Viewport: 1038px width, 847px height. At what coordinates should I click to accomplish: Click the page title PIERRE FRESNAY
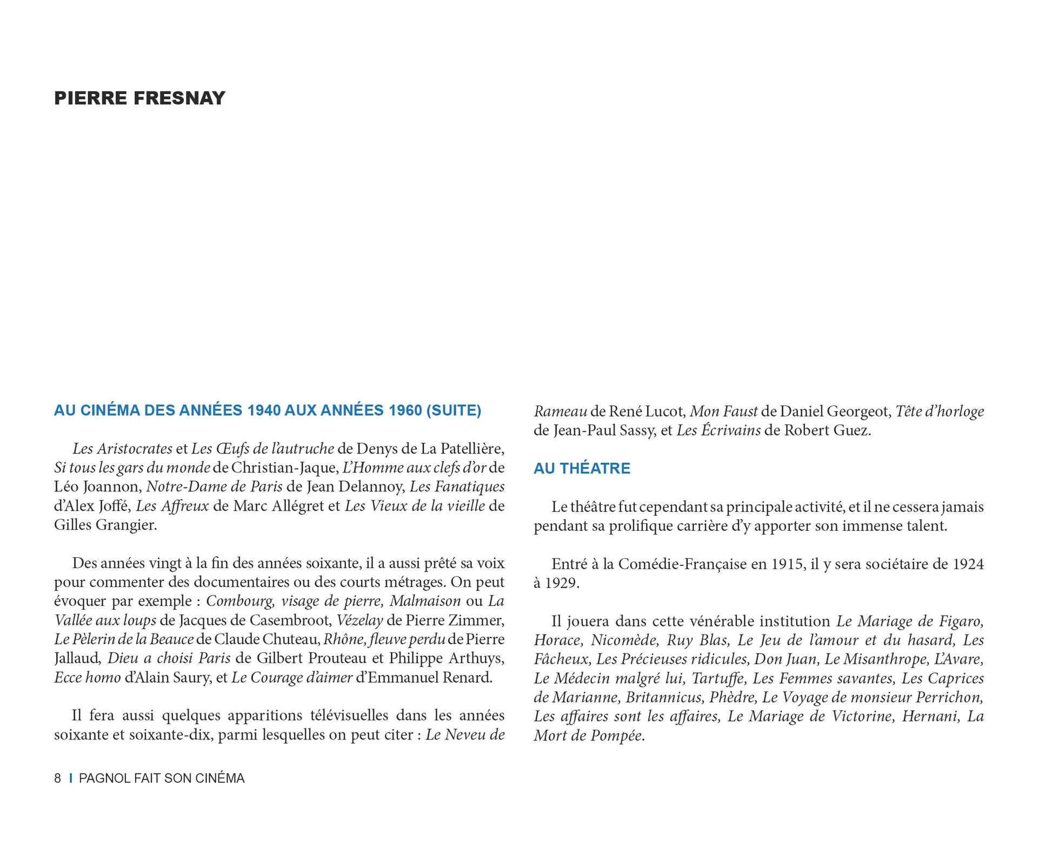point(139,98)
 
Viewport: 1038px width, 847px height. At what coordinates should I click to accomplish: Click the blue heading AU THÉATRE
point(582,468)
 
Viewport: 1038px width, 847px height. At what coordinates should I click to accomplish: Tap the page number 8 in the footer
point(57,778)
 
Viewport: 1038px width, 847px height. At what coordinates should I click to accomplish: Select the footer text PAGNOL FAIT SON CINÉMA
point(162,778)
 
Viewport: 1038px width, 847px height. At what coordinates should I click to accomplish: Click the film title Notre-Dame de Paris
point(215,486)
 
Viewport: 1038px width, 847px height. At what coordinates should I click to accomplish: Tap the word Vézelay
point(360,620)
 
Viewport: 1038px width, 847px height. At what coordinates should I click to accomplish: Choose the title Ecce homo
point(88,677)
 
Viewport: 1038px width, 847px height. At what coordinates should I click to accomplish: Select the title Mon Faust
point(723,411)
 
